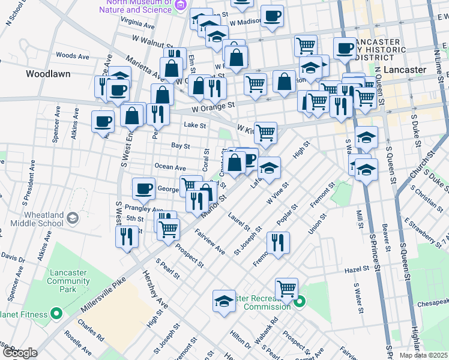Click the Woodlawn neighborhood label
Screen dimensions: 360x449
click(x=48, y=74)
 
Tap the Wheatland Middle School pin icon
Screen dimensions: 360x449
click(x=74, y=217)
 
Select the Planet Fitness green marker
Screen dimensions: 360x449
click(x=56, y=313)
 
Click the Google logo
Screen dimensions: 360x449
click(x=19, y=353)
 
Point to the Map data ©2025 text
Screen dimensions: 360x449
click(x=424, y=355)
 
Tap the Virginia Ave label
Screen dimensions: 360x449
click(x=137, y=22)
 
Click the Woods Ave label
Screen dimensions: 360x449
click(x=72, y=56)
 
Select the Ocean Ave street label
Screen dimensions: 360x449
click(x=171, y=166)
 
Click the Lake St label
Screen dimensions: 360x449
click(x=194, y=126)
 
